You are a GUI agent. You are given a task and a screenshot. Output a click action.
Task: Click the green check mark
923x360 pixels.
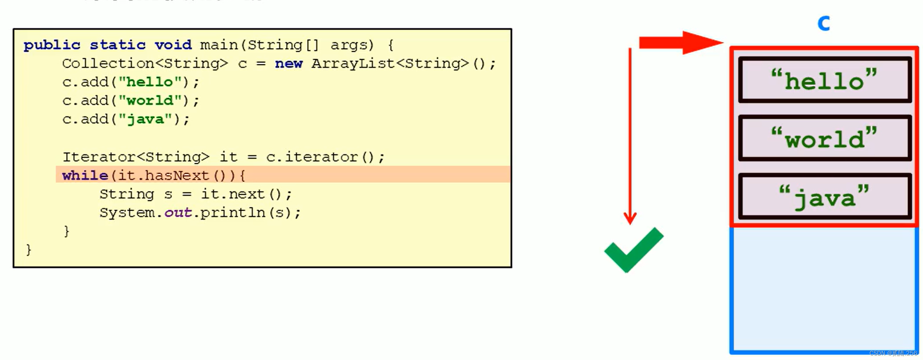(633, 250)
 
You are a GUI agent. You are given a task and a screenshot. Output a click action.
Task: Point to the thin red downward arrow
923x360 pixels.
(630, 135)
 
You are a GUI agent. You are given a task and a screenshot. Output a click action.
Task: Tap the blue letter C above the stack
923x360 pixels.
(824, 23)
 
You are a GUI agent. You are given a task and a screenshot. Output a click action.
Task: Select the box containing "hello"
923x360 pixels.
(824, 80)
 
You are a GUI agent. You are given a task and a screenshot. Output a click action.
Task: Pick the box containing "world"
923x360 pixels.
(824, 138)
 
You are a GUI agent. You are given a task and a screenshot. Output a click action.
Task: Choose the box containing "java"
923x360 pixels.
(824, 196)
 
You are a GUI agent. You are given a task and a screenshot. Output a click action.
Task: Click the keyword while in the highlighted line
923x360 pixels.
(85, 175)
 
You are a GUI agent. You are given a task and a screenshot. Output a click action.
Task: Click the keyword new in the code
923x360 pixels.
(288, 64)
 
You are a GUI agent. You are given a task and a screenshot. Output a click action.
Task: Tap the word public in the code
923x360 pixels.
(52, 45)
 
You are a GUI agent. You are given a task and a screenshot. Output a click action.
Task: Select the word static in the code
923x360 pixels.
(117, 45)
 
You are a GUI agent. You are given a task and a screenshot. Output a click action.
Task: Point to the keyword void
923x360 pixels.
(173, 45)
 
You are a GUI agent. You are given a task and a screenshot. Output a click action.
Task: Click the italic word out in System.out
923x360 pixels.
(178, 213)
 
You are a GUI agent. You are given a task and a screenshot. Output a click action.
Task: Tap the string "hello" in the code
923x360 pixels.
(150, 82)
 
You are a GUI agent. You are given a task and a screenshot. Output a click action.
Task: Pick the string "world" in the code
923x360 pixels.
(150, 100)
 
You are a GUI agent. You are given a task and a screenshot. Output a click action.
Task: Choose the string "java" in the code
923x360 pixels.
(145, 119)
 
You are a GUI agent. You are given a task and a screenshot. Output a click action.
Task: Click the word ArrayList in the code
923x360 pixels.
(353, 64)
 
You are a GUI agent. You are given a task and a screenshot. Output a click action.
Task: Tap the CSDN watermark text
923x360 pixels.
(893, 353)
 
